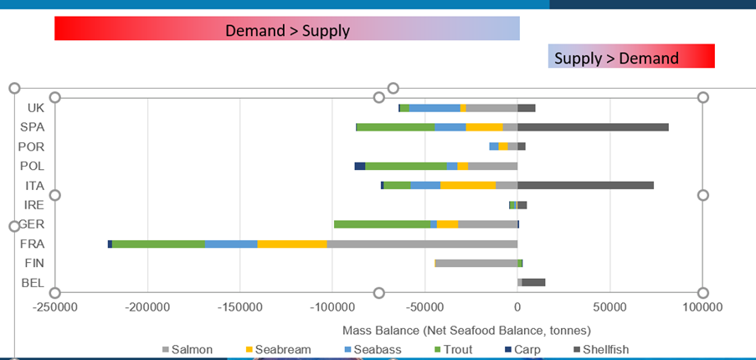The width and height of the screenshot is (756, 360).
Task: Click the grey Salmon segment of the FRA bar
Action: pos(422,244)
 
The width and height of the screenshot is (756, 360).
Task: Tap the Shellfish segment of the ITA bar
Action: pos(585,185)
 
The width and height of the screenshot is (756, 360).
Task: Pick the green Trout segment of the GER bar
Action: pos(382,224)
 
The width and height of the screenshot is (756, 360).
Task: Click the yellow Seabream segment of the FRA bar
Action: pos(292,244)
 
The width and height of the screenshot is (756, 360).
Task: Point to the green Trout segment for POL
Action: pos(406,166)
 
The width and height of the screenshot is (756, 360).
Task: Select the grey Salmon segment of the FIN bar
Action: pos(476,263)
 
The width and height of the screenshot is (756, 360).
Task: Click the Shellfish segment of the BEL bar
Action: pos(533,282)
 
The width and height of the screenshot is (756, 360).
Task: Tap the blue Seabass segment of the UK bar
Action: pos(435,108)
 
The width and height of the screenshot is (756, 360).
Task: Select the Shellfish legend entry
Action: pos(600,350)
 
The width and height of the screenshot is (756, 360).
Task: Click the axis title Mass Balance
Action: pos(466,330)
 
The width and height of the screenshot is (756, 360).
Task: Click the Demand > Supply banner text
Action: pos(287,31)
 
